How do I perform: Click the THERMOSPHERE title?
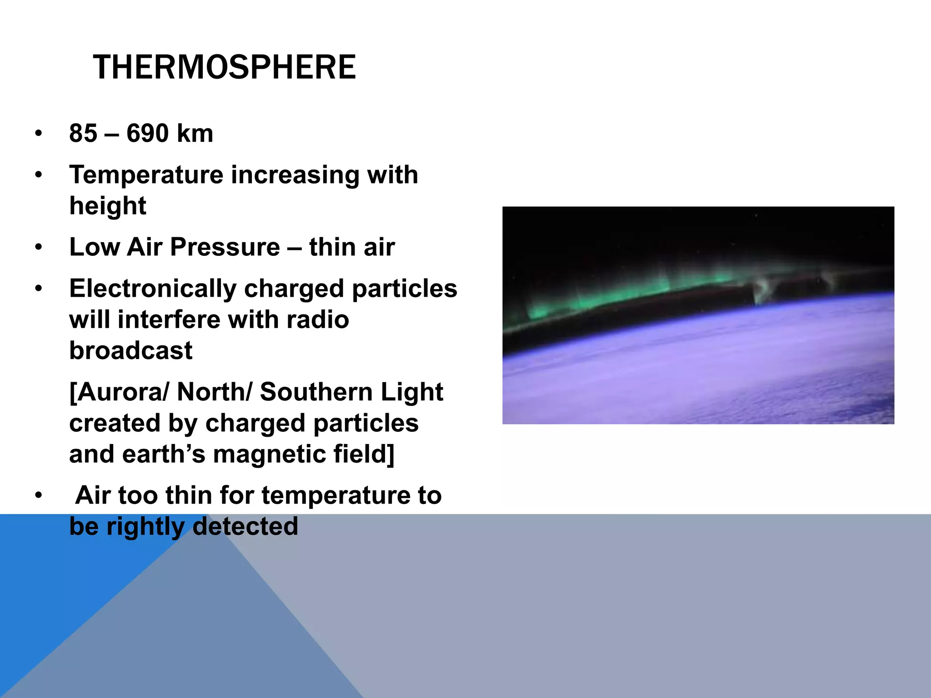tap(224, 67)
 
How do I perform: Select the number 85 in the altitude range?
tap(83, 134)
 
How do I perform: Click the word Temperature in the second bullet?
tap(146, 175)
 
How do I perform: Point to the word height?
tap(107, 206)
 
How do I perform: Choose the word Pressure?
tap(225, 248)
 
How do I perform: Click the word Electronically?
tap(153, 289)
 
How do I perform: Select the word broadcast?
tap(131, 350)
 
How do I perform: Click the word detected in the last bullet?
tap(245, 526)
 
